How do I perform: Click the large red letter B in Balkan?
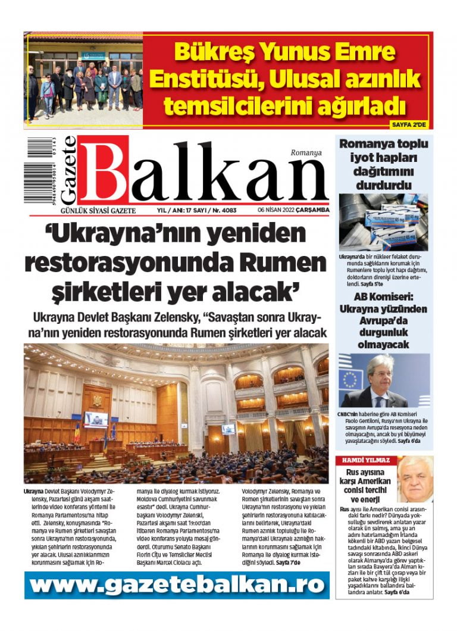[x=103, y=170]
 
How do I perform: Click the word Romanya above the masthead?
[x=306, y=152]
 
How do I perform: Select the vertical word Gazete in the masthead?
[x=68, y=170]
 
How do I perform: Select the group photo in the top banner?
[x=83, y=80]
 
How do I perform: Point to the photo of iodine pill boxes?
[x=383, y=222]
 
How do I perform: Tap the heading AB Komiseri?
[x=383, y=296]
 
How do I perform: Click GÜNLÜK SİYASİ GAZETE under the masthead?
[x=95, y=210]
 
